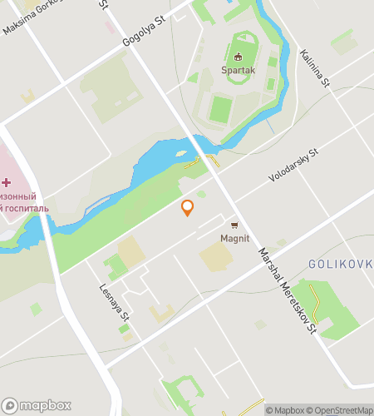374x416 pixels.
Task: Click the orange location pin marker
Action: point(188,207)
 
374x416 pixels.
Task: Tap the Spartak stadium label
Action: point(238,71)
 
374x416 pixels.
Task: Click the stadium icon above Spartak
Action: point(239,57)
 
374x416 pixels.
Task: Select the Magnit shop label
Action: point(234,238)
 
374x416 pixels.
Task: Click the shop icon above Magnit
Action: point(234,225)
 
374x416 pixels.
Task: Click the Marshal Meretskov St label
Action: point(288,291)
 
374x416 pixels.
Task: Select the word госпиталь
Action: point(26,208)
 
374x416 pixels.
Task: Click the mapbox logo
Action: point(36,405)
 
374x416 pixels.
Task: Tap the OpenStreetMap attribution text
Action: point(342,409)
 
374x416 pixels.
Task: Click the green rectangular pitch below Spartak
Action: point(221,109)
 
